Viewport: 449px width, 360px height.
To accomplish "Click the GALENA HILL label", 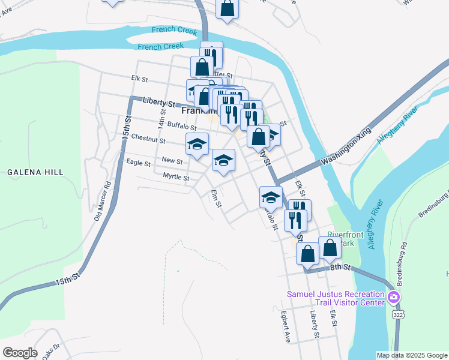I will pyautogui.click(x=35, y=172).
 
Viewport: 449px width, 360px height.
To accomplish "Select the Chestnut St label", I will pyautogui.click(x=148, y=139).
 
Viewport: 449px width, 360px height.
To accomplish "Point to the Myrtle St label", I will pyautogui.click(x=176, y=177).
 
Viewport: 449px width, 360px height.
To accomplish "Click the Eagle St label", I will pyautogui.click(x=138, y=163).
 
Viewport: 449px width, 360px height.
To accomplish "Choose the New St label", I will pyautogui.click(x=172, y=160).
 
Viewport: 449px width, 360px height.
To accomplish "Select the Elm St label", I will pyautogui.click(x=216, y=199).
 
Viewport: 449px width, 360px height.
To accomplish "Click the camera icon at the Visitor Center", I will pyautogui.click(x=394, y=297).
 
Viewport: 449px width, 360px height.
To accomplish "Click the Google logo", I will pyautogui.click(x=20, y=352).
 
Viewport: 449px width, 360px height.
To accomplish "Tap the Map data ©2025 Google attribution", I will pyautogui.click(x=411, y=355).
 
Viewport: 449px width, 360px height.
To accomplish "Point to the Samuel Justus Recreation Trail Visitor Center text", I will pyautogui.click(x=335, y=298).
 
